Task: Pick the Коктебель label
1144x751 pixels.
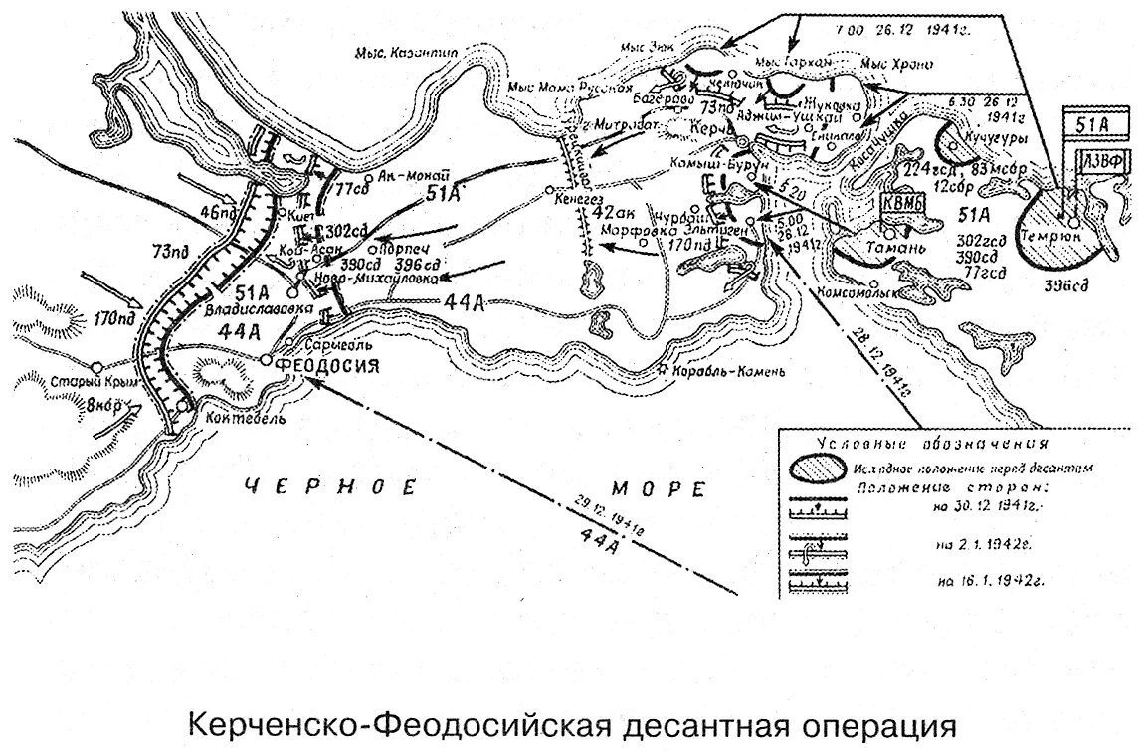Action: click(x=232, y=419)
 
